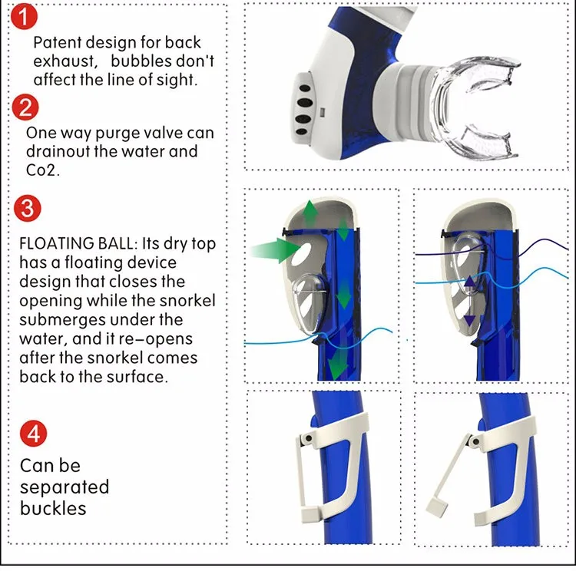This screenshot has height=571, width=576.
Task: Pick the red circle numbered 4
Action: [32, 433]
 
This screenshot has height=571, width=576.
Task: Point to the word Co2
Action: [42, 170]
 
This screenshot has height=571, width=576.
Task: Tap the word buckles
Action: [53, 508]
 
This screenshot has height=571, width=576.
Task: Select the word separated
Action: [65, 487]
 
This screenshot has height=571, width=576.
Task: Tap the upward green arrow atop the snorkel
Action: [309, 212]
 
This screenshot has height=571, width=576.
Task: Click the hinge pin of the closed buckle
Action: [307, 437]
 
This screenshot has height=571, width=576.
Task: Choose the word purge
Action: [125, 133]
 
